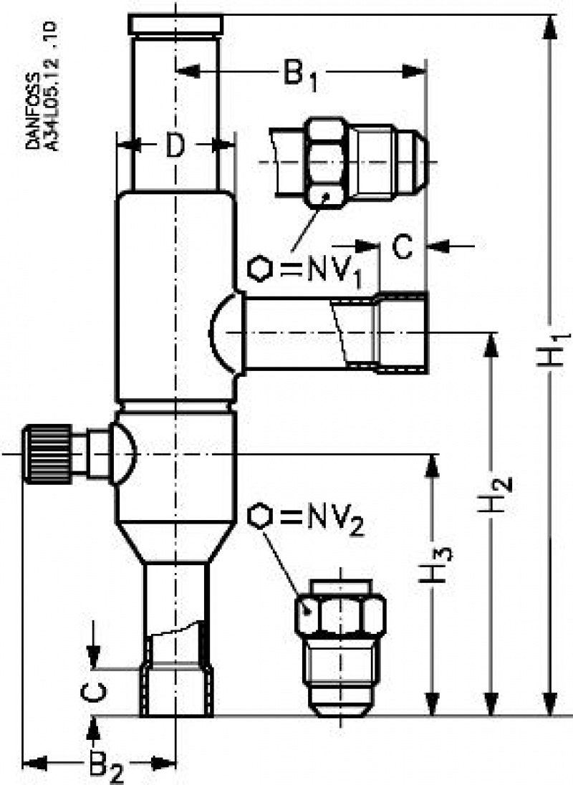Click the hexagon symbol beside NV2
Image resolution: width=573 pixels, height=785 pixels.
click(x=260, y=517)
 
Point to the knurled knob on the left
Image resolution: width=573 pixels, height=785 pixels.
click(x=47, y=453)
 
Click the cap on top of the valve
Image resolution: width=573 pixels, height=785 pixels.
click(x=175, y=24)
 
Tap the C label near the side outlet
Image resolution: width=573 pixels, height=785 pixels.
click(x=403, y=247)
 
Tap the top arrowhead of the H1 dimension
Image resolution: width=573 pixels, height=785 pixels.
click(x=550, y=25)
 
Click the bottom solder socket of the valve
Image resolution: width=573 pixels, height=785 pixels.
click(x=176, y=692)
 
